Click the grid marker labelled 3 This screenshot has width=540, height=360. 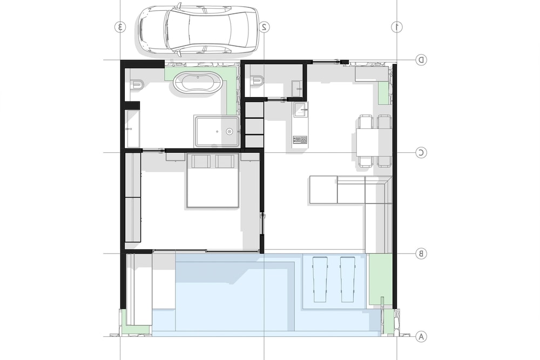click(120, 27)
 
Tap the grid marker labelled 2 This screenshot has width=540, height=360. click(264, 27)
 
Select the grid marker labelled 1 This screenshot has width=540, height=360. click(397, 27)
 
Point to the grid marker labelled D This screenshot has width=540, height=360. click(421, 60)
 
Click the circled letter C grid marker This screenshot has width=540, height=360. click(421, 152)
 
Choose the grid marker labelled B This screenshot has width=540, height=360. click(421, 254)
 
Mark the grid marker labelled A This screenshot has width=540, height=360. click(421, 336)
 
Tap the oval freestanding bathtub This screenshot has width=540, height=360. click(198, 83)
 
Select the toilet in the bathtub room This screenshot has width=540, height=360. click(137, 84)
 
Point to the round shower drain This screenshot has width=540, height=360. click(230, 132)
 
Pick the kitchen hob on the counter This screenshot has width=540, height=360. click(300, 140)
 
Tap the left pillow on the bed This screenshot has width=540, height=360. click(201, 161)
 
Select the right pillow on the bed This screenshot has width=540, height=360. click(225, 161)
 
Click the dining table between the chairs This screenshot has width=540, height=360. click(374, 141)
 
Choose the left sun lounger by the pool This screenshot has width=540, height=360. click(320, 279)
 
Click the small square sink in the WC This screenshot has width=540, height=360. click(297, 89)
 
